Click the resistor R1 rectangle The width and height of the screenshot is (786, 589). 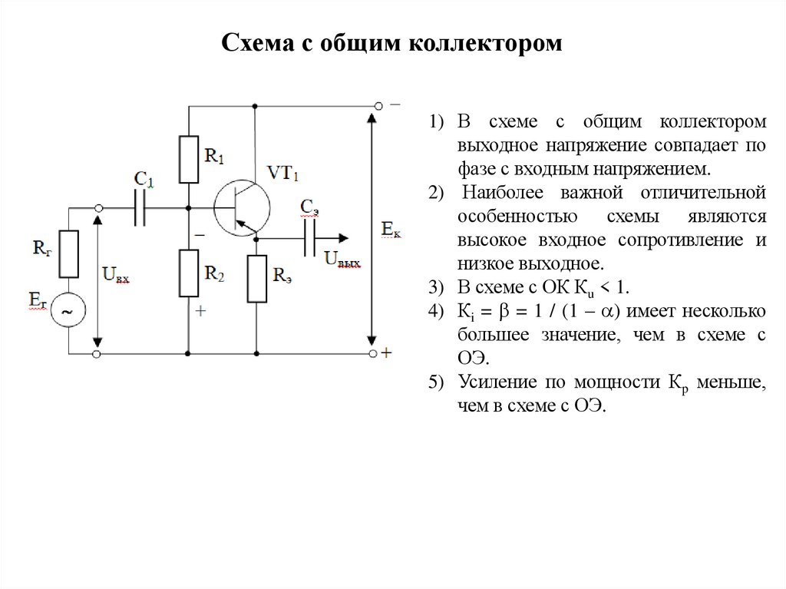tap(189, 159)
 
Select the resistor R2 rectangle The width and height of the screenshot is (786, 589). tap(189, 273)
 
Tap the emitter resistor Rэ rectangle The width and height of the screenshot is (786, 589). tap(257, 277)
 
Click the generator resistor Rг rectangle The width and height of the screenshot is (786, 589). tap(68, 254)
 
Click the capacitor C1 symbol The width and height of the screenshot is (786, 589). tap(140, 207)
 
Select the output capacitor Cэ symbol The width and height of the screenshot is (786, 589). tap(310, 240)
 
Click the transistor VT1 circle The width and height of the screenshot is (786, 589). tap(241, 209)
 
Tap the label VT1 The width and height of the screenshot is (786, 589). tap(282, 172)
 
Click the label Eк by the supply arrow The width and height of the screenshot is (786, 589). tap(391, 229)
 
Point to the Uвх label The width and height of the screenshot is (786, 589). tap(115, 274)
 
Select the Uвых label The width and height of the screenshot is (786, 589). tap(342, 260)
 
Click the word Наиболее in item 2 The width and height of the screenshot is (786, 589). tap(500, 193)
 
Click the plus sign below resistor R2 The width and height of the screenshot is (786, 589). tap(201, 311)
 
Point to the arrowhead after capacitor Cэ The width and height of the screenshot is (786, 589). tap(343, 240)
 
